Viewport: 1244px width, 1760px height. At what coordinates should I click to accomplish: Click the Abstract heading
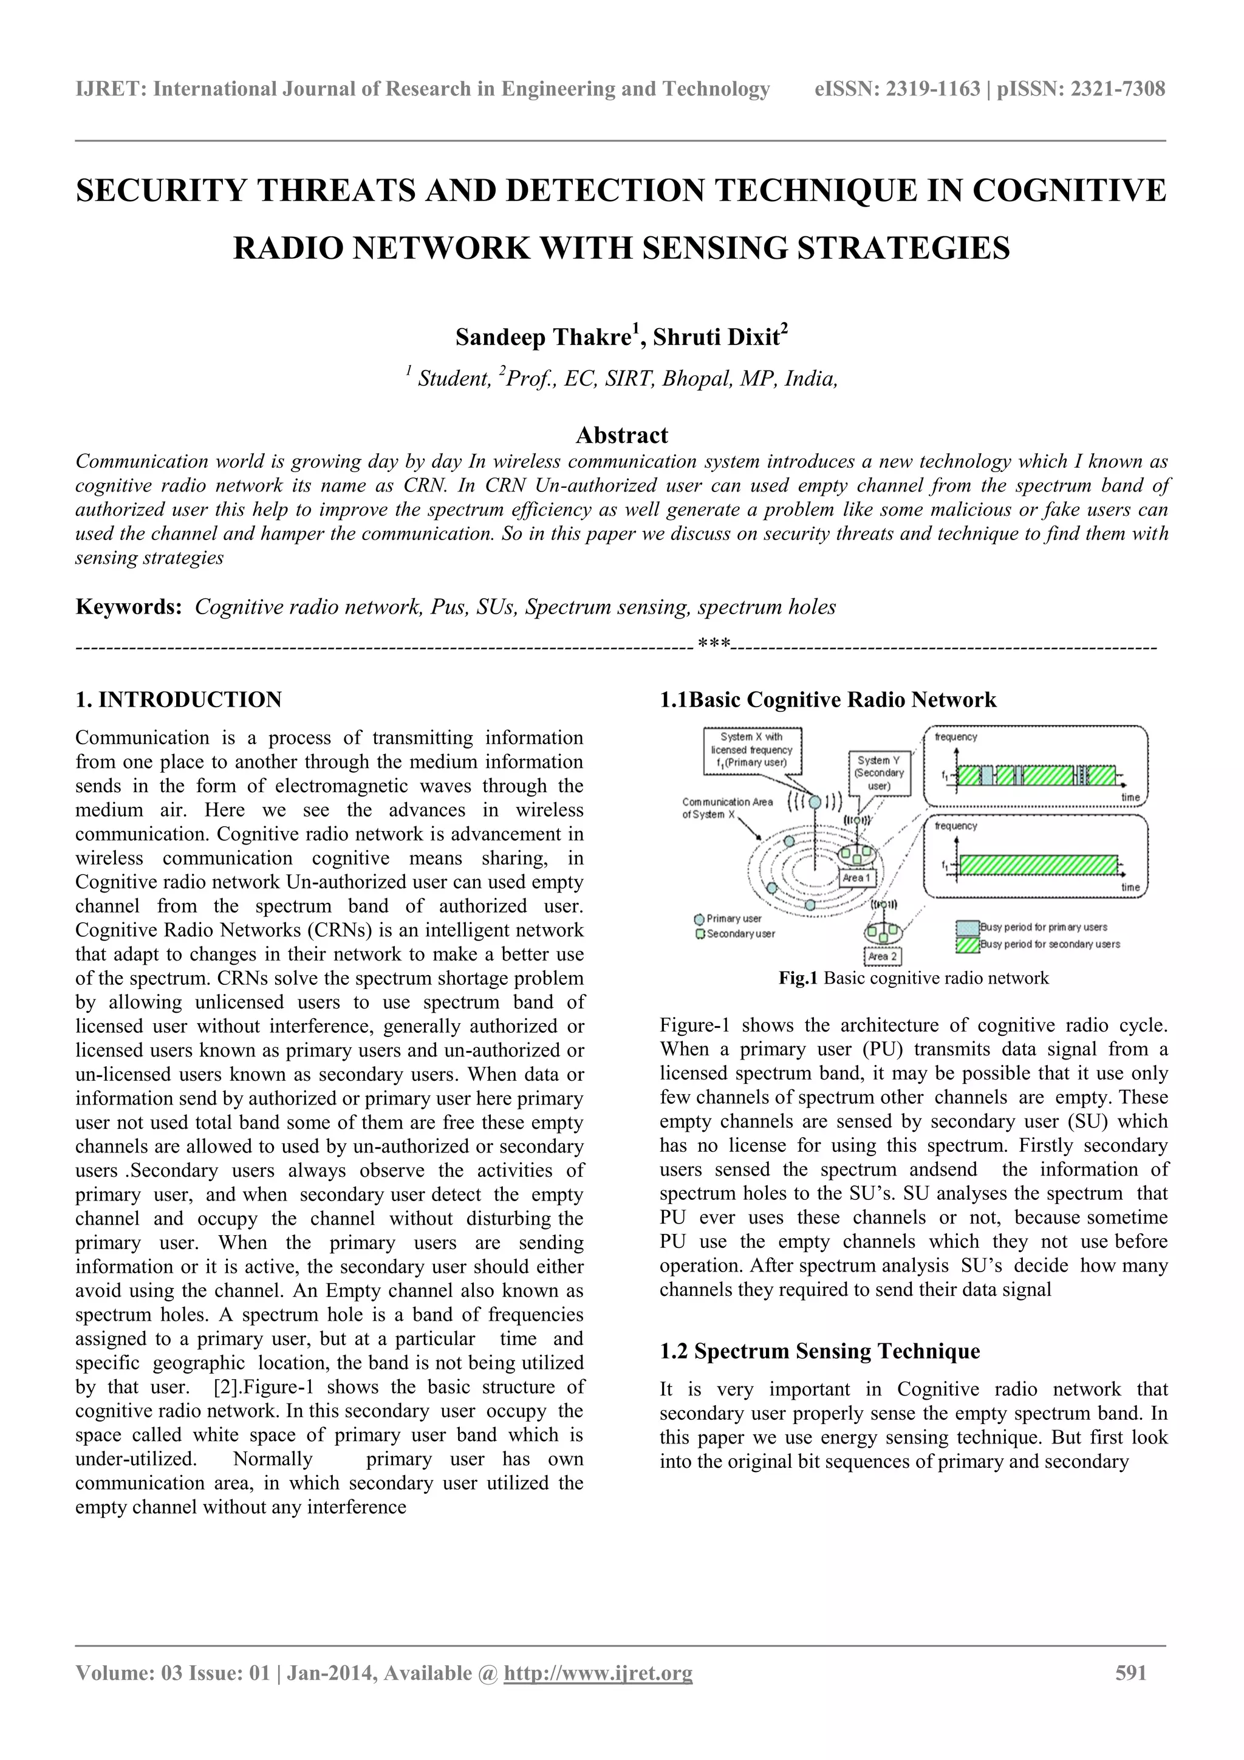(621, 436)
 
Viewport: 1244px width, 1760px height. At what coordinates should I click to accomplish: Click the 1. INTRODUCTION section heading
(179, 699)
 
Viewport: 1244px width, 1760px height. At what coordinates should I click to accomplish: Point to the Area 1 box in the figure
(856, 878)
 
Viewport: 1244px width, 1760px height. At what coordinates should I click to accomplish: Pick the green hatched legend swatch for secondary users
(967, 944)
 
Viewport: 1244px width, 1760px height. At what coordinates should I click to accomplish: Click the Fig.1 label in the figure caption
(799, 978)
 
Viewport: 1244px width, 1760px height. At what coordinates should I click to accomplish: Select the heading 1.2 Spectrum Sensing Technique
(819, 1351)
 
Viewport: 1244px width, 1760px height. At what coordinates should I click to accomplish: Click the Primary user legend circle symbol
(699, 919)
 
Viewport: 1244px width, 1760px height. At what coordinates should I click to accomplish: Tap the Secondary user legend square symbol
(699, 934)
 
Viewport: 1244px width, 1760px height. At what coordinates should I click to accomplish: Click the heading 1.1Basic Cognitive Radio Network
(828, 699)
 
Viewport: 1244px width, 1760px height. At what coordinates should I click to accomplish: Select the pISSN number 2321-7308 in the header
(1117, 90)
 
